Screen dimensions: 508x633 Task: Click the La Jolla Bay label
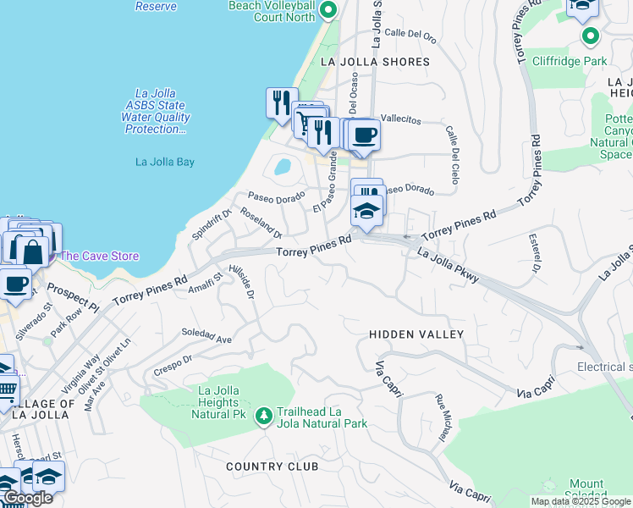point(165,161)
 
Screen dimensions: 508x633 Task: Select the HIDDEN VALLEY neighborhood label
point(416,334)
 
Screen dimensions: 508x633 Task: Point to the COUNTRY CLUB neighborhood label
point(272,467)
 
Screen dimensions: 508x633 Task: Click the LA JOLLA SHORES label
point(375,62)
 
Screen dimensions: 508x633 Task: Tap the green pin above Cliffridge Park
point(591,36)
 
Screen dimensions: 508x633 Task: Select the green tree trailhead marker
point(264,415)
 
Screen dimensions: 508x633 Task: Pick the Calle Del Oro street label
point(410,36)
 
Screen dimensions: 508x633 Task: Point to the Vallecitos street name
point(400,121)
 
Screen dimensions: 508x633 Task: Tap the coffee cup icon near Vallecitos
point(365,134)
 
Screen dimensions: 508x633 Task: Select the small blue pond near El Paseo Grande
point(283,166)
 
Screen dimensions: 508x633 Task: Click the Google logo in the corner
point(27,498)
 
